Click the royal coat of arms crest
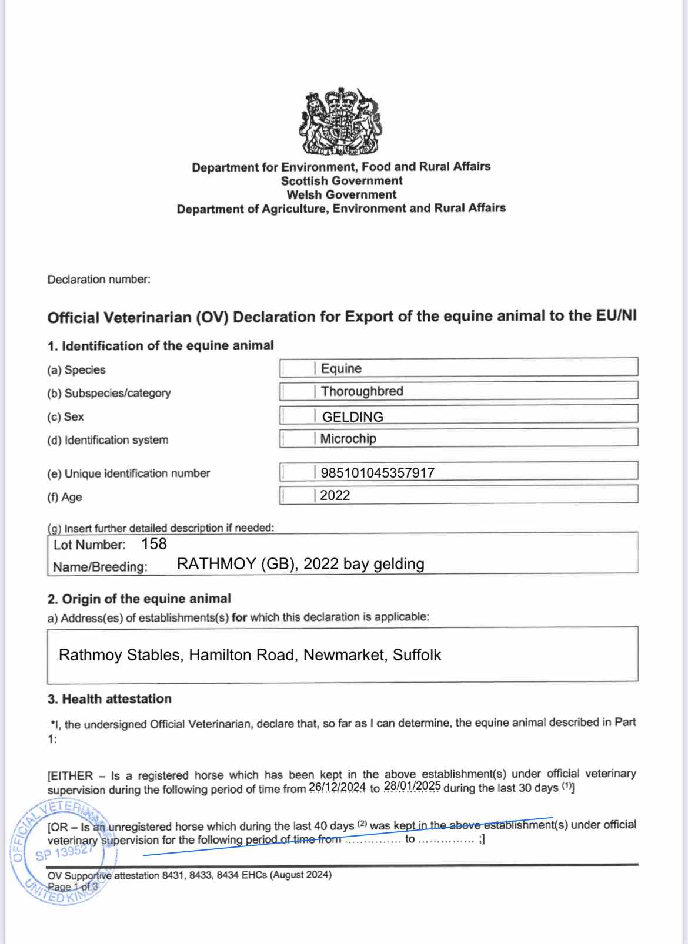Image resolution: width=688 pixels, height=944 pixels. point(341,122)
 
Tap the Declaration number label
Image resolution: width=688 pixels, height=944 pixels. point(99,279)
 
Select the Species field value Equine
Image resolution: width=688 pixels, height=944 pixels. point(341,368)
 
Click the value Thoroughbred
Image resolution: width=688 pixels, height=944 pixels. point(362,391)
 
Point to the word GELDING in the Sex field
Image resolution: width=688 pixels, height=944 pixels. point(352,416)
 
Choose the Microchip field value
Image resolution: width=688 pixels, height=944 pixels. point(348,438)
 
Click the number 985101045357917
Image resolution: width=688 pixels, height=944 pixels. point(378,472)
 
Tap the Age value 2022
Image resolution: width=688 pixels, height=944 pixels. point(335,495)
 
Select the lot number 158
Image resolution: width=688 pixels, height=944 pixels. point(154,544)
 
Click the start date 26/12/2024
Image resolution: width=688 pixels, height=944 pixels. point(337,787)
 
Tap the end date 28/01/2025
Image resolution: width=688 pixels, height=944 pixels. point(412,786)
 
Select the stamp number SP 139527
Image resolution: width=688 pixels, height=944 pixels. point(64,852)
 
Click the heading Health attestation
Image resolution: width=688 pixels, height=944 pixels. point(116,698)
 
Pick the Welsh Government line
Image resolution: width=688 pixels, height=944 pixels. point(342,194)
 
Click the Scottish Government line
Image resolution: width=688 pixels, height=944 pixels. point(342,180)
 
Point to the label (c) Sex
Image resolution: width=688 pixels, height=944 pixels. point(65,416)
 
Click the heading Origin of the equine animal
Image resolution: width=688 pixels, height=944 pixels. point(146,599)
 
